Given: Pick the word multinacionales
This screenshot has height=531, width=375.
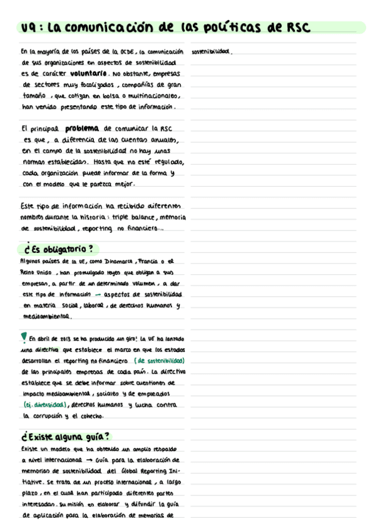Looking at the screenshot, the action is point(150,96).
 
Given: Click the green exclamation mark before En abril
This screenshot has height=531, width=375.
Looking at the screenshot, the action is point(23,338).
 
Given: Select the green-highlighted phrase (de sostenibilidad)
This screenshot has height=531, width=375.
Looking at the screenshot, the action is point(159,361).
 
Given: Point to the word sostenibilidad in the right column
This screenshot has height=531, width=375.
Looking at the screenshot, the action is point(212,51).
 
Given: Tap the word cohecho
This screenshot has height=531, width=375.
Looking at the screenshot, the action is point(91,416).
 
